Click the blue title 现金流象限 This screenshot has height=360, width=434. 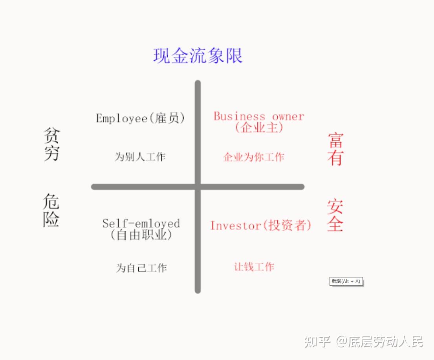198,56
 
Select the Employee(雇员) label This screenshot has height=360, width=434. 140,118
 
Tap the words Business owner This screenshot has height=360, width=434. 259,116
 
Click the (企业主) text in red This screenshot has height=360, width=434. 259,128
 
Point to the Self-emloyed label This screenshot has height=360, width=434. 141,224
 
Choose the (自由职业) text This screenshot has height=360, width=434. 141,235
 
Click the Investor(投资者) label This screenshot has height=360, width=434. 261,226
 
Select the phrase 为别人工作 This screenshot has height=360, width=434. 140,157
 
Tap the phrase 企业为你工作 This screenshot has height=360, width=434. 253,157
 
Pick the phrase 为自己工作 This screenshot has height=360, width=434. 141,268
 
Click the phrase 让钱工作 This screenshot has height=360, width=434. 254,267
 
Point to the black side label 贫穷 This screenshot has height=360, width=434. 51,144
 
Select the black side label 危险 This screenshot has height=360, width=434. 51,210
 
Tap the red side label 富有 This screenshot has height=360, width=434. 335,149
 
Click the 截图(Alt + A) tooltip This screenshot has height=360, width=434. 346,281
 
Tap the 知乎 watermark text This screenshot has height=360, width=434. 317,342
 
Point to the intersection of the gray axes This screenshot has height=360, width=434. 198,187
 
